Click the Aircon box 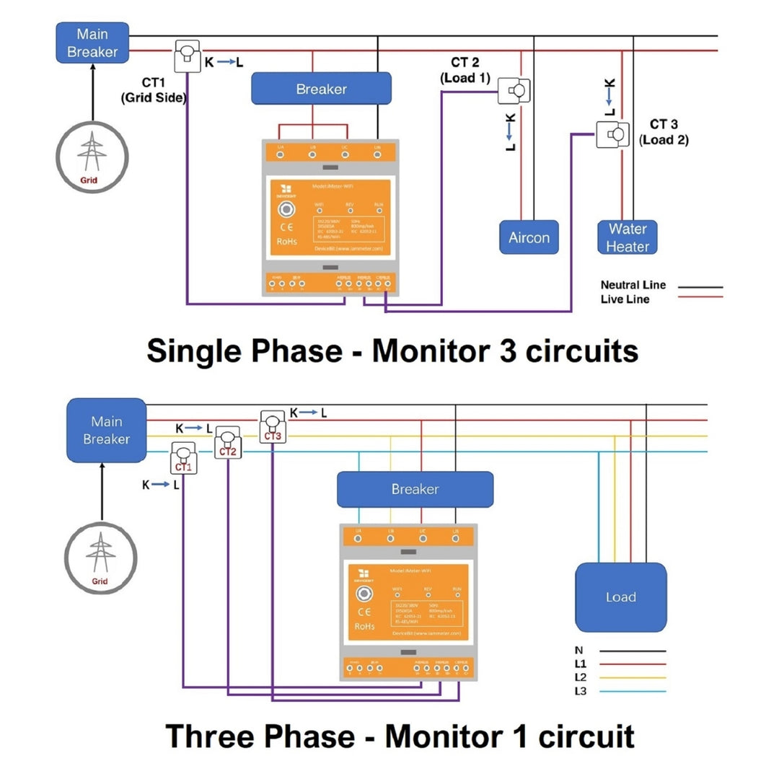pos(529,237)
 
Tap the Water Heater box pos(627,237)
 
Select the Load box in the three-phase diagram pos(620,597)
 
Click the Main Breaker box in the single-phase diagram pos(92,43)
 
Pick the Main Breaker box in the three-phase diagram pos(106,430)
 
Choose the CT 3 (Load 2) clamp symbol pos(612,135)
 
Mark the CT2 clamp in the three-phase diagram pos(228,441)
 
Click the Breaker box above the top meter pos(321,89)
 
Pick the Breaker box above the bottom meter pos(415,489)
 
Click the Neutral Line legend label pos(633,285)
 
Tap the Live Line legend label pos(625,299)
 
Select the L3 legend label pos(581,692)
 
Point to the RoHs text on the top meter pos(286,242)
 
